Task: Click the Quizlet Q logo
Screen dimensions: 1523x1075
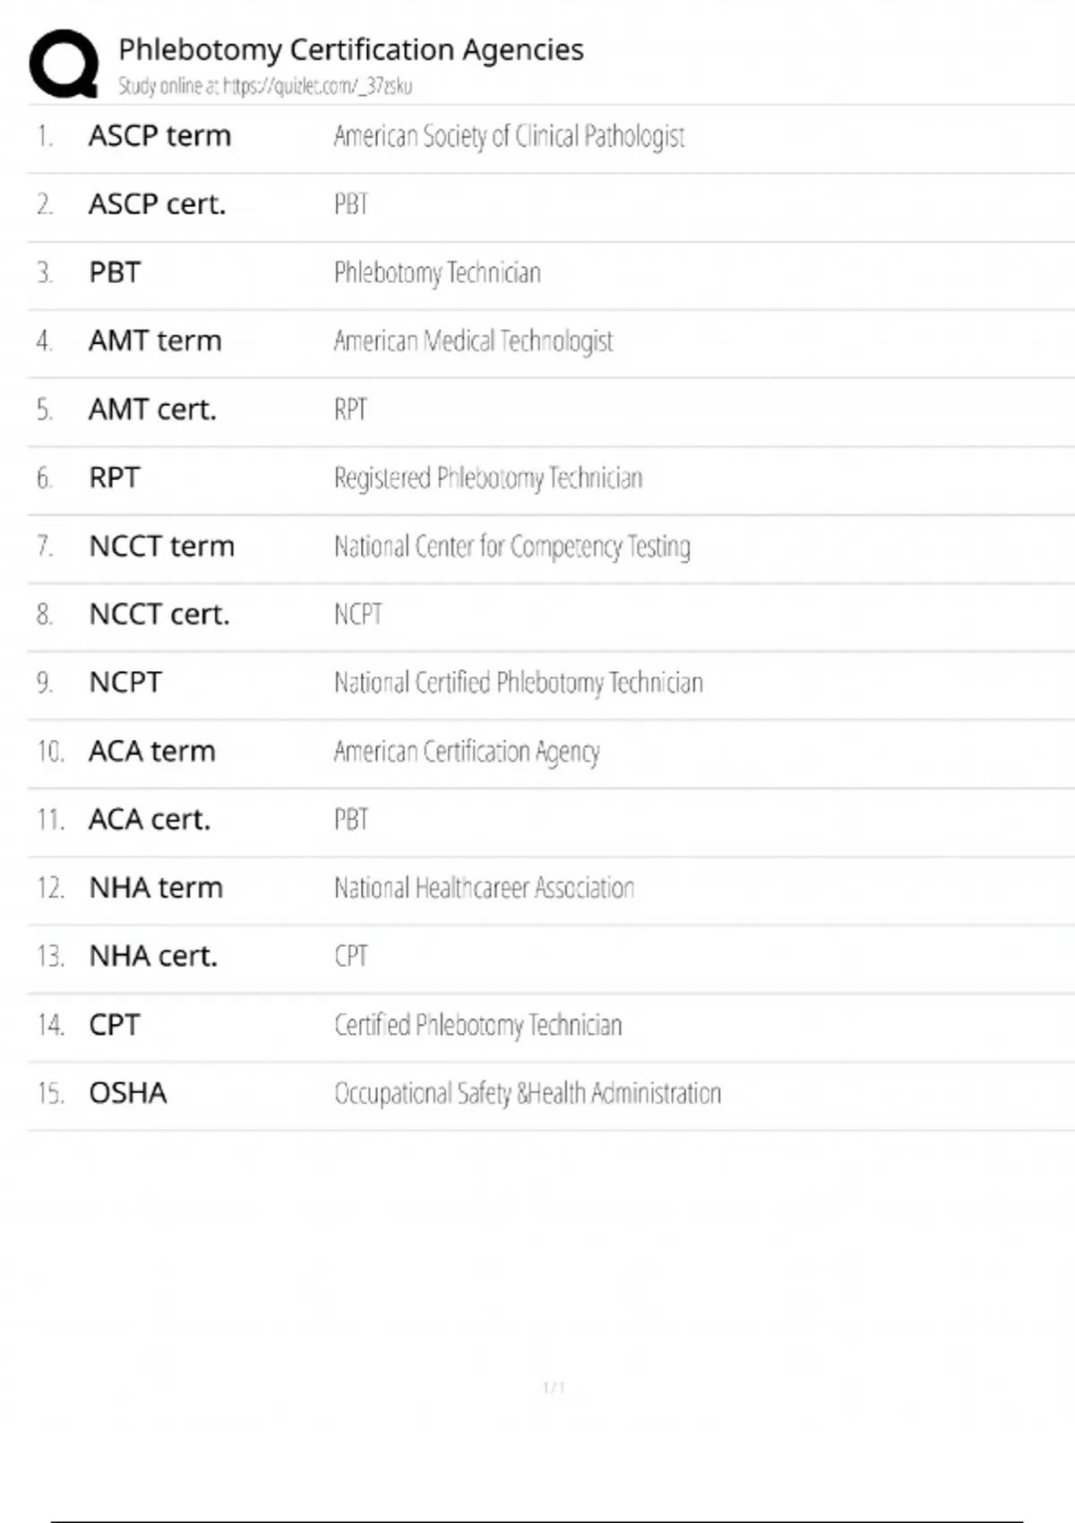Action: coord(64,63)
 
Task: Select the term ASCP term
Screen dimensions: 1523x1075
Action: coord(159,136)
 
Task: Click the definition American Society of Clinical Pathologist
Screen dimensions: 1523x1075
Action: coord(509,136)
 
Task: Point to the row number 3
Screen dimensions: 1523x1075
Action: coord(45,272)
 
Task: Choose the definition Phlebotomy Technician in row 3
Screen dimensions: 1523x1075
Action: coord(437,272)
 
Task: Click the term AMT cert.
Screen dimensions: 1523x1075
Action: coord(152,409)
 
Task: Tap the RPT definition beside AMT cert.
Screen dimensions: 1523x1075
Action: coord(350,409)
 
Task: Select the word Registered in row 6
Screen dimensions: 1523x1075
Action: coord(383,478)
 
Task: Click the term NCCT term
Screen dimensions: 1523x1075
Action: coord(161,546)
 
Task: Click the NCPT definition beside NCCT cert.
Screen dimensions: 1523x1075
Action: coord(358,615)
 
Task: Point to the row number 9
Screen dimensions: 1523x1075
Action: coord(45,683)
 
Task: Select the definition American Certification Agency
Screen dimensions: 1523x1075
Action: coord(467,752)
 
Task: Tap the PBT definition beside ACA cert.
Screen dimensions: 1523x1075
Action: coord(351,820)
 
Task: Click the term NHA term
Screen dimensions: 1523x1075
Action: coord(156,888)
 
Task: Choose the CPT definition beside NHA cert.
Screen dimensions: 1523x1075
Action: coord(351,956)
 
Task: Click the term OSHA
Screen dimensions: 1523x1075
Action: coord(127,1093)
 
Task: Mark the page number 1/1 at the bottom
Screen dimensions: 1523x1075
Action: coord(554,1388)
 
